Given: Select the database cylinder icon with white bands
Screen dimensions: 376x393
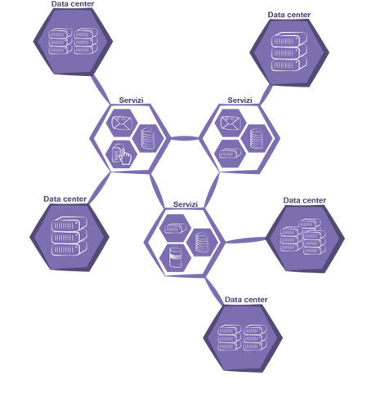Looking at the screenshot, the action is click(175, 257).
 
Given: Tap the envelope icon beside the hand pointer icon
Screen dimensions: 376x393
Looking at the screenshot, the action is click(122, 123).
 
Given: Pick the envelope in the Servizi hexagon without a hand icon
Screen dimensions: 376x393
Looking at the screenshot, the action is click(231, 123).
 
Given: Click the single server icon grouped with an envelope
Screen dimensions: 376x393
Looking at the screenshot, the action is click(231, 153).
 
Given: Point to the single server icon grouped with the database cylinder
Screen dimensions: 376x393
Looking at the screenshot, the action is click(175, 228).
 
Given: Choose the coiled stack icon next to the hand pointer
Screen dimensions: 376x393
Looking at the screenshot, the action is click(148, 138).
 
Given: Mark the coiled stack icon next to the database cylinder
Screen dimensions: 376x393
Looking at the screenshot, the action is click(202, 242).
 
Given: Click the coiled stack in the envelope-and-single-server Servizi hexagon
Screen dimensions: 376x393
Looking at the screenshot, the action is click(257, 138).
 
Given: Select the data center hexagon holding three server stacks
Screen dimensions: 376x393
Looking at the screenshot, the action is click(305, 239).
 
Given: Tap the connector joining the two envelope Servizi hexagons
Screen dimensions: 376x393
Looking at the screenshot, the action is click(185, 138).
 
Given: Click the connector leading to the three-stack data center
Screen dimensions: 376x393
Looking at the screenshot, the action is click(245, 240).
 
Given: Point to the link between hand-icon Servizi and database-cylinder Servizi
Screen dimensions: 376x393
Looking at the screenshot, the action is click(157, 190).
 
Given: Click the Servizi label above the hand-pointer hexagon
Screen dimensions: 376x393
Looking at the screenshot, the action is click(131, 100).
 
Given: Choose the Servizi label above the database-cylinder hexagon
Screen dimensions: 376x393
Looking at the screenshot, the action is click(186, 204).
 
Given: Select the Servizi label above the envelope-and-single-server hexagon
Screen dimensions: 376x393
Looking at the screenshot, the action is click(239, 100).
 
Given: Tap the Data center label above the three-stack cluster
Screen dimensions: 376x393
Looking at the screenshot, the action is click(305, 200).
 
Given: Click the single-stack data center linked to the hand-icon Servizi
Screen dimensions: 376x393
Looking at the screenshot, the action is click(69, 237).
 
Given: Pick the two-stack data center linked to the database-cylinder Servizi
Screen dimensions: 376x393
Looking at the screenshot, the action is click(243, 337).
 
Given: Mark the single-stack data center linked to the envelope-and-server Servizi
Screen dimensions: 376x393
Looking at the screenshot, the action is click(289, 52).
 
